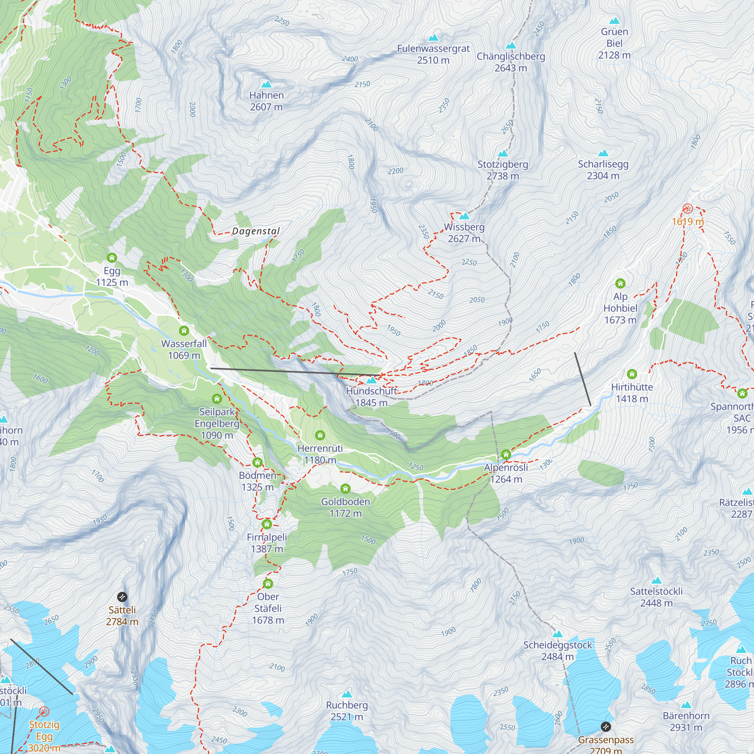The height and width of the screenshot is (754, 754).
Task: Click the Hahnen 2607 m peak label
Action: (266, 101)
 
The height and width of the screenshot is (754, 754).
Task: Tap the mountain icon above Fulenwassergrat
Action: (433, 38)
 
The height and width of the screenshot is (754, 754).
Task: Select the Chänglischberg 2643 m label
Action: (510, 62)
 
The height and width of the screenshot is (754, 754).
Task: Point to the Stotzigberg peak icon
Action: (503, 153)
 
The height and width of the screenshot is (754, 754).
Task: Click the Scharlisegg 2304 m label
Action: (603, 170)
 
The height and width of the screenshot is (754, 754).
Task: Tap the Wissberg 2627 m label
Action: (464, 233)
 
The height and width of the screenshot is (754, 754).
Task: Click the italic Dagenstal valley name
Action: (256, 231)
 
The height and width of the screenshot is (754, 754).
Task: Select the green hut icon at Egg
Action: (112, 257)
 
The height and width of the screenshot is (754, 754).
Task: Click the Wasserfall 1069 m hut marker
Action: (184, 331)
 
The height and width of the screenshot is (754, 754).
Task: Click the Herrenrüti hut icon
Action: (320, 435)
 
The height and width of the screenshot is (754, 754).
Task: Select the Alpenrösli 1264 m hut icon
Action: (506, 454)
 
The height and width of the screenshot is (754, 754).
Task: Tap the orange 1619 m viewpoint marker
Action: (688, 208)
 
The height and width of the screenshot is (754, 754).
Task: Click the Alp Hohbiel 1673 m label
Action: (620, 308)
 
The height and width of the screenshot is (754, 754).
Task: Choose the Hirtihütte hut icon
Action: (632, 374)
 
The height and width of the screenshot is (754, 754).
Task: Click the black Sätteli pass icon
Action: (122, 597)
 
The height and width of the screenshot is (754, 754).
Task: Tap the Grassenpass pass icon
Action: (606, 726)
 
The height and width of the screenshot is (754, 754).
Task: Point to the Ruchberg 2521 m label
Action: (346, 711)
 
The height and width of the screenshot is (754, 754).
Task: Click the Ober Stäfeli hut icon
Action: (268, 584)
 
